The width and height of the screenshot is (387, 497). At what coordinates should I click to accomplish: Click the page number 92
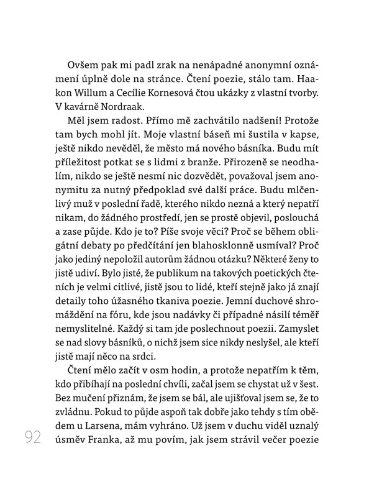pyautogui.click(x=30, y=438)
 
